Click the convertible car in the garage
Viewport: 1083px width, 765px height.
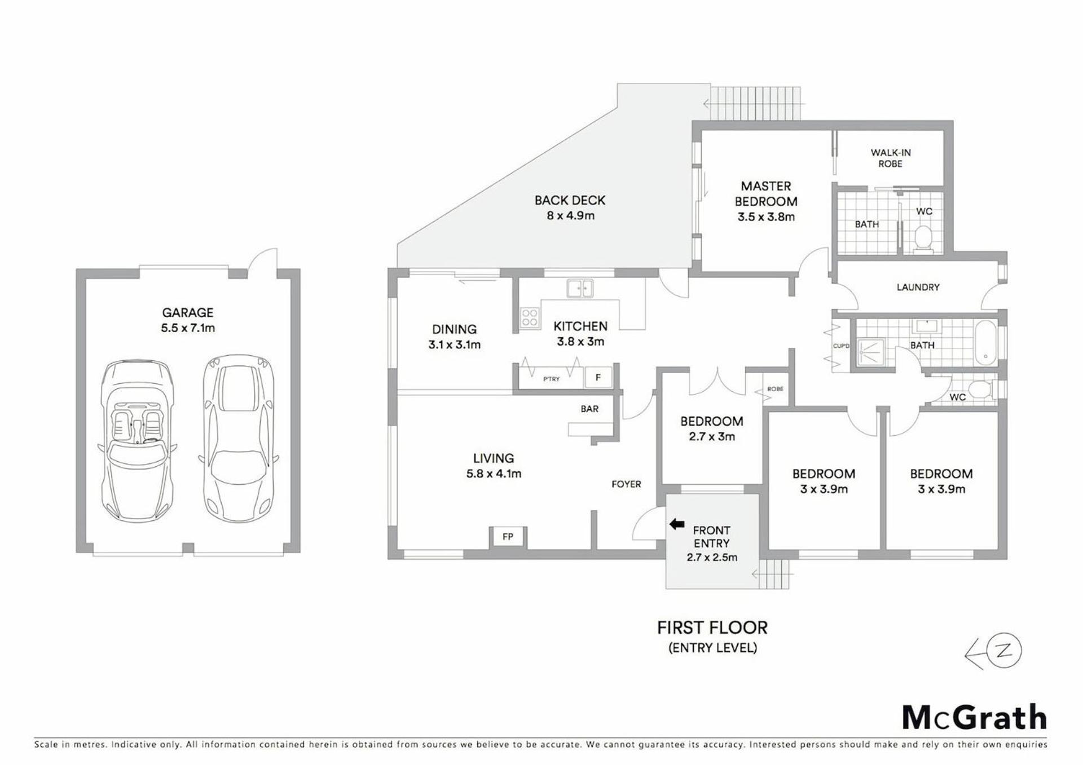(x=136, y=441)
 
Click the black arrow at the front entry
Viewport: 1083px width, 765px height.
(x=676, y=524)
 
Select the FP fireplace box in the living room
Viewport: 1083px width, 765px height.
(x=508, y=537)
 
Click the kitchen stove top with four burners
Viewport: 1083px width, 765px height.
(x=530, y=317)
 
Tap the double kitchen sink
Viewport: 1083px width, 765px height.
(x=580, y=289)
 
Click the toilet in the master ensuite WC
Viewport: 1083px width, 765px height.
(x=923, y=237)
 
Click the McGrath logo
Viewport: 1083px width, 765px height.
(x=974, y=718)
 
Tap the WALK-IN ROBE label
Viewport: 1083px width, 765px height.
(x=891, y=158)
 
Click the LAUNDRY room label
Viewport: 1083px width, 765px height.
(x=918, y=287)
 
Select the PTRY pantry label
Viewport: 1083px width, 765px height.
(x=552, y=379)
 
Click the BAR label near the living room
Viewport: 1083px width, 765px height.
(x=589, y=409)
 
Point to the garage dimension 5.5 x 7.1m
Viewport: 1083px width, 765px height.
(x=188, y=328)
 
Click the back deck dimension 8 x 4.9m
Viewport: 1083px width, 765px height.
(x=571, y=215)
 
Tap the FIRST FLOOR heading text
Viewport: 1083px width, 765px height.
(x=712, y=627)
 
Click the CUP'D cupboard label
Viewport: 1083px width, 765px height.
(x=841, y=346)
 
